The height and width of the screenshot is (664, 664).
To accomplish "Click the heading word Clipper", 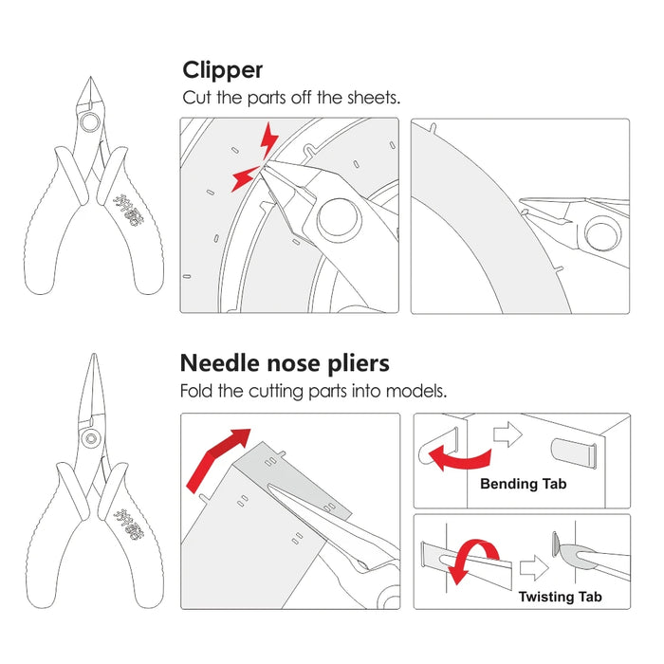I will coord(223,71).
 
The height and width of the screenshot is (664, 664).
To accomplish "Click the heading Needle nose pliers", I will coord(285,363).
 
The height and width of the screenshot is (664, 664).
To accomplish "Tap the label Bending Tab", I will coord(523,484).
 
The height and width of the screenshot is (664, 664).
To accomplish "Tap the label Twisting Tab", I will coord(560,597).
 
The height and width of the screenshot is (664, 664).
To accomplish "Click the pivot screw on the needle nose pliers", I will coord(91,437).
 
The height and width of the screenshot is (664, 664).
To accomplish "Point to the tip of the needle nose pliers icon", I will coord(93,358).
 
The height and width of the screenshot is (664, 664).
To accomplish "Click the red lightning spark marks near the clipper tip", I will coord(258,157).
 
